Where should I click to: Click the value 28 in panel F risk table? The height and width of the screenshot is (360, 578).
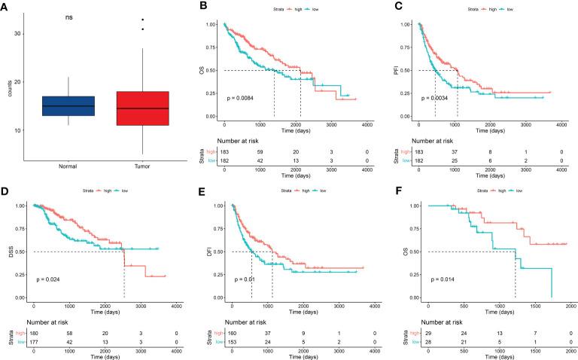coord(427,342)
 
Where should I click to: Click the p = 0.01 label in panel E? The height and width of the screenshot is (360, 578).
coord(242,279)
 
